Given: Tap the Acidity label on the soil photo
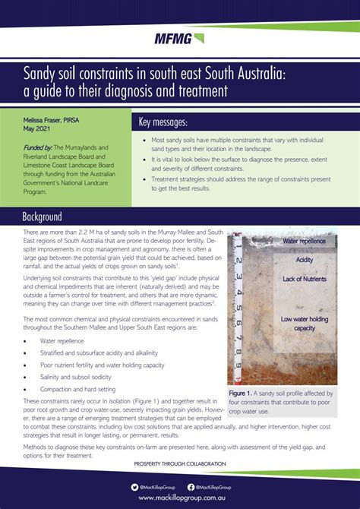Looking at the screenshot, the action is (304, 260).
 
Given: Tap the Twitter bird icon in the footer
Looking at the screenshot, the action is (133, 486).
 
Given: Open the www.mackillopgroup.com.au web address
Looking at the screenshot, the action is (179, 498).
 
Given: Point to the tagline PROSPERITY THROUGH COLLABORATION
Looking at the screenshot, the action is (179, 463).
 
